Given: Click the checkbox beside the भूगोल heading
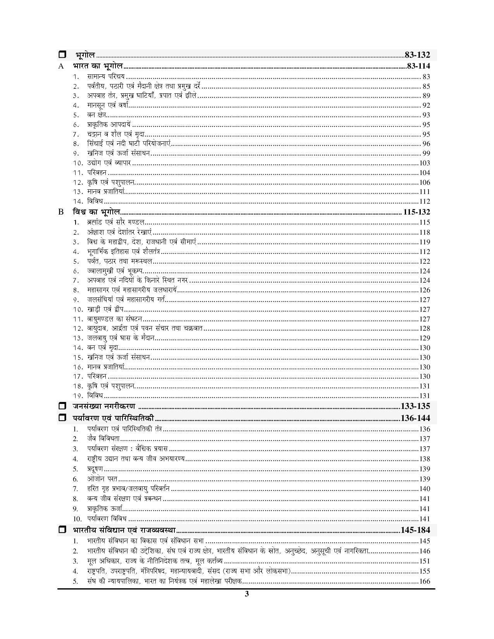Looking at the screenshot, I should pos(62,55).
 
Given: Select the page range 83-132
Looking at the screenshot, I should pos(417,55).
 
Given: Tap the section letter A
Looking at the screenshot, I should pos(61,66).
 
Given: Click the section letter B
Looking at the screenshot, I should pos(61,212).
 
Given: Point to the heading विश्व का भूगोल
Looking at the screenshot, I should pos(96,212).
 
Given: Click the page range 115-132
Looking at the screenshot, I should pos(416,212).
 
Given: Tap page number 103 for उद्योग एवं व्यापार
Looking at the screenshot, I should pos(425,163).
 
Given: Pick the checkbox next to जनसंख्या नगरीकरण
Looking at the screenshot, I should pos(62,406).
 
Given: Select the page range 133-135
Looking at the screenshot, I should pos(415,406).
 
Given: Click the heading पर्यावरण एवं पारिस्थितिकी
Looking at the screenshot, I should pos(113,418).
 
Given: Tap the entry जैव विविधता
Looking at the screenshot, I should pos(103,439).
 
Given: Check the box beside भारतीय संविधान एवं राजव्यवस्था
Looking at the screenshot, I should pos(62,530).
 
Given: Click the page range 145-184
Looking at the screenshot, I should pos(415,530).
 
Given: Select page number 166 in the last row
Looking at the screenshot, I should pos(425,581).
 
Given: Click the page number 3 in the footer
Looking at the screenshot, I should pos(247,594).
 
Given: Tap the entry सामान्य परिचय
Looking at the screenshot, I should pos(106,77).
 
